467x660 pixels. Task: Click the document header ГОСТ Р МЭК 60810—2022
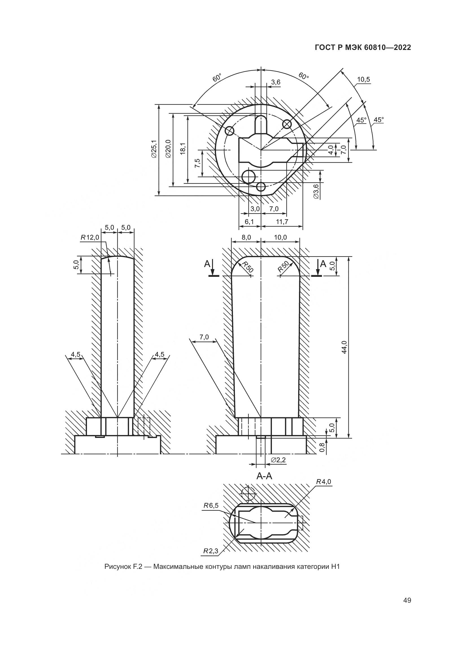click(363, 48)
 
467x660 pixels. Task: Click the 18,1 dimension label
click(183, 149)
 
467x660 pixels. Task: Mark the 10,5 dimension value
click(363, 80)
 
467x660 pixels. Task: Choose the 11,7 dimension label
click(282, 222)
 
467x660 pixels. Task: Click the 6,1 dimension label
click(249, 222)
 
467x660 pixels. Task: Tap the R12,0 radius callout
click(90, 237)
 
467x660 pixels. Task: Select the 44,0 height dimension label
click(344, 347)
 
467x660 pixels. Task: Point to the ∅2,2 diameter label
click(278, 460)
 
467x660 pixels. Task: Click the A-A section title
click(264, 476)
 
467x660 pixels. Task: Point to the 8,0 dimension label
click(246, 237)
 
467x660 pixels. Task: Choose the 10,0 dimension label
click(280, 237)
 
